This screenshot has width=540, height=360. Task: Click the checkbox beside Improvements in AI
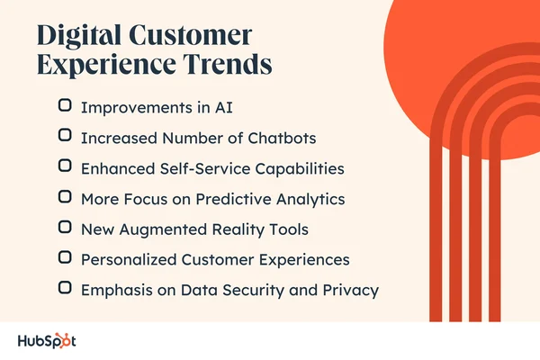65,105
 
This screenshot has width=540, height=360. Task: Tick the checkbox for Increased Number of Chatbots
65,136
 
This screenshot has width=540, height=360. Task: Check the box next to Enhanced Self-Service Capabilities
65,166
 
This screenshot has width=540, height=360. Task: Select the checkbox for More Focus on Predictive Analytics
65,196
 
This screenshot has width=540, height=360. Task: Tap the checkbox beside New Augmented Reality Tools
65,228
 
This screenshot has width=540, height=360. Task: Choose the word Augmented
157,229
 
